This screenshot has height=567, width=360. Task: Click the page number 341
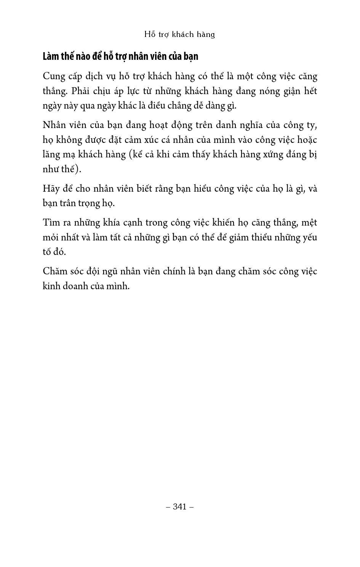[x=180, y=506]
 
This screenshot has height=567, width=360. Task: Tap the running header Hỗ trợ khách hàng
[x=179, y=34]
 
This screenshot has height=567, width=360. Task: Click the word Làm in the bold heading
[x=51, y=56]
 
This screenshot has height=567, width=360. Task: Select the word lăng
[x=51, y=155]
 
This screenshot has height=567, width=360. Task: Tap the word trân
[x=67, y=203]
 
